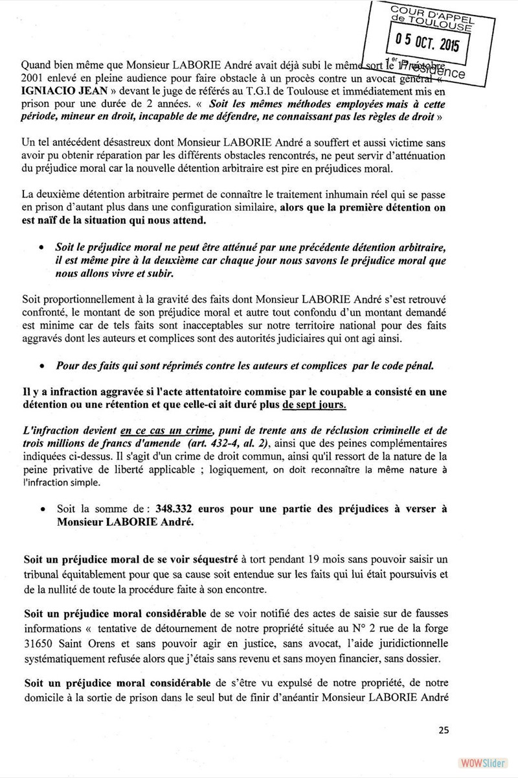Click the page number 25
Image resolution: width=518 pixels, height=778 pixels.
pos(444,730)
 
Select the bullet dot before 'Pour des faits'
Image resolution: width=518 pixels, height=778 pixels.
pos(42,366)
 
